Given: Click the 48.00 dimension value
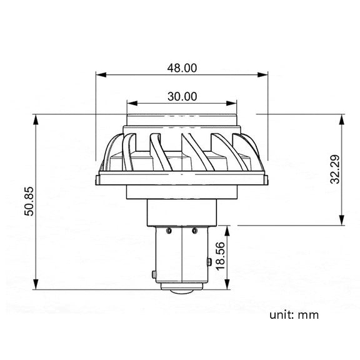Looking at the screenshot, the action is point(182,68).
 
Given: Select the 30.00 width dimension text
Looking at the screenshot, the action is point(182,96).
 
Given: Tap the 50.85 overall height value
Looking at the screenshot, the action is point(29,201).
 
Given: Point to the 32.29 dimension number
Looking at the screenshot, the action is point(335,169).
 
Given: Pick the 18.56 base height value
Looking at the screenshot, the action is point(221,256).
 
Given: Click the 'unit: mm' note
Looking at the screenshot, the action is point(294,315).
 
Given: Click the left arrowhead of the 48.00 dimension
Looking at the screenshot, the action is point(101,74).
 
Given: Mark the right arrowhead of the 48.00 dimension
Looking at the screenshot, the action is point(262,74).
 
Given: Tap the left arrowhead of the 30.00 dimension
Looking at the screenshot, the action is point(132,103).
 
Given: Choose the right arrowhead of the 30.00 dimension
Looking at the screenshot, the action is point(231,103).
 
